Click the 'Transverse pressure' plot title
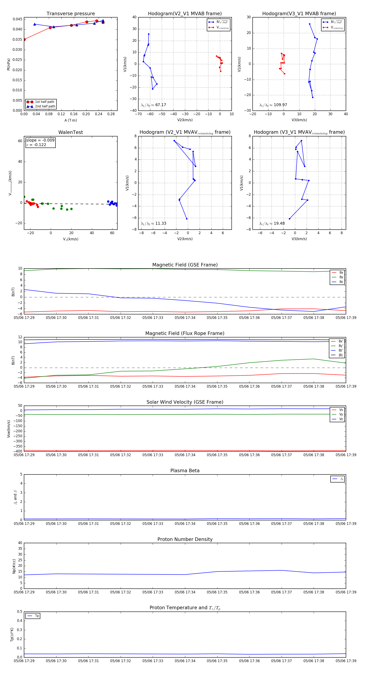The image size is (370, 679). [x=71, y=14]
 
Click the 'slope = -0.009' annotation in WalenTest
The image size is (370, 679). [x=40, y=140]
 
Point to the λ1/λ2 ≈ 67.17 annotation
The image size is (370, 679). [x=154, y=105]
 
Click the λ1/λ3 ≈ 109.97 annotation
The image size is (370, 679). [x=273, y=105]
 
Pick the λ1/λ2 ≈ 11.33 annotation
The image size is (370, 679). [x=154, y=223]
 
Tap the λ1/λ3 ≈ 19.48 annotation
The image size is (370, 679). [x=272, y=223]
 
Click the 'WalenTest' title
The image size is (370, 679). [x=71, y=132]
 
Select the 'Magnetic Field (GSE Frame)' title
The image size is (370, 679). [x=185, y=265]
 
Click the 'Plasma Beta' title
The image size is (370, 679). [x=185, y=471]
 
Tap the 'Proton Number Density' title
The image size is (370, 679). [x=185, y=539]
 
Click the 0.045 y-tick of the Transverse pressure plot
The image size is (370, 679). [x=17, y=19]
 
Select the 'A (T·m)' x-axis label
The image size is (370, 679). [x=71, y=120]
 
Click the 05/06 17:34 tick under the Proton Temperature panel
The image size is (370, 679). [x=185, y=661]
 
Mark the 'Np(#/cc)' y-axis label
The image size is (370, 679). [x=14, y=566]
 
